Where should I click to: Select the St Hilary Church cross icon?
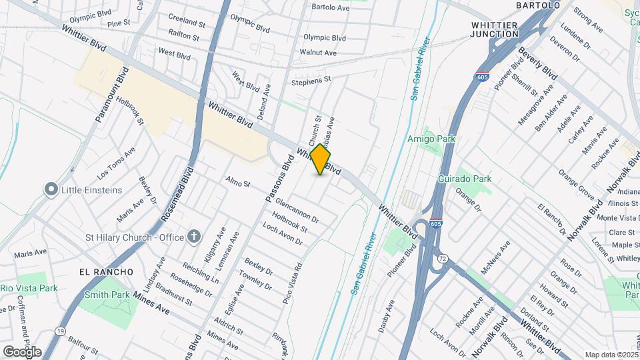tap(194, 236)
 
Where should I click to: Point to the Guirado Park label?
tap(465, 179)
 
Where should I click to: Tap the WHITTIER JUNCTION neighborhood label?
tap(504, 29)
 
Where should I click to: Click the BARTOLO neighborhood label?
tap(538, 5)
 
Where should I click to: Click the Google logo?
tap(22, 351)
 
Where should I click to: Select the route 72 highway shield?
tap(442, 257)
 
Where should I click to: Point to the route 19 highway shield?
tap(60, 331)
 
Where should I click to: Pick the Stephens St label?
tap(311, 80)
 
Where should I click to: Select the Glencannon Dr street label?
tap(296, 211)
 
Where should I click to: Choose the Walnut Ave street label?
tap(318, 52)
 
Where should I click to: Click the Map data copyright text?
tap(610, 355)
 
